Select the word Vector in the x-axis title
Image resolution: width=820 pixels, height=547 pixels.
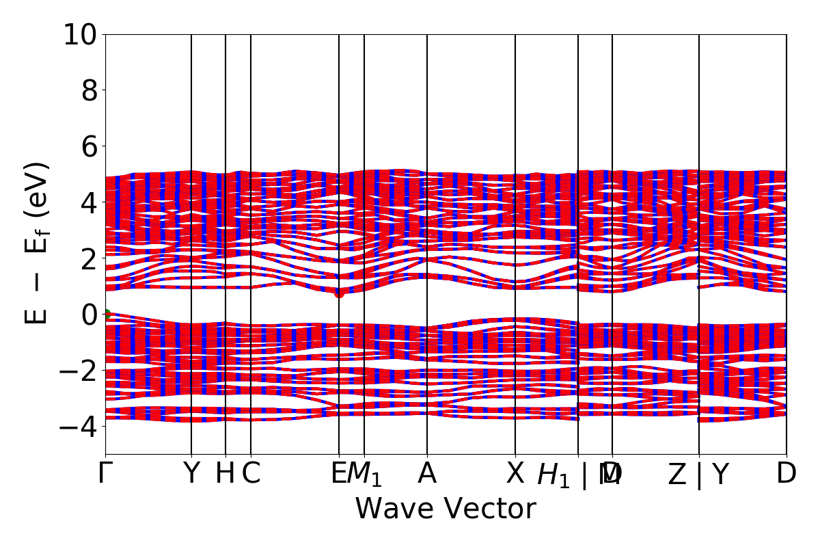click(490, 509)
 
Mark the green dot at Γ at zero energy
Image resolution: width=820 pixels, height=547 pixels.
click(106, 315)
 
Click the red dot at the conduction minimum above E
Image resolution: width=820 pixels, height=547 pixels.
click(339, 293)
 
